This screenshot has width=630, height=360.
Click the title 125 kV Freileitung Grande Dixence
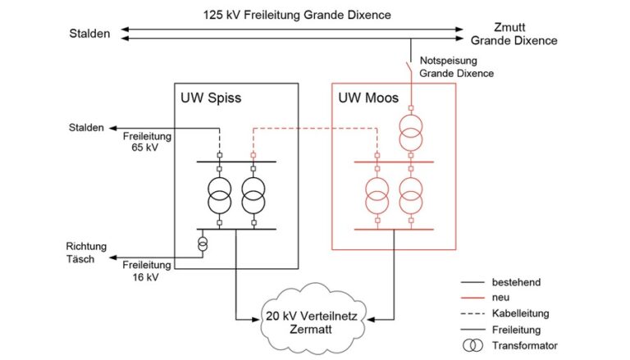298,14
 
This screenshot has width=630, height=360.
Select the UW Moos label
368,99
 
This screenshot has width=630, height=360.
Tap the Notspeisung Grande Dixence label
458,67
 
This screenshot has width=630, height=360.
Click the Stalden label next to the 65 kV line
86,128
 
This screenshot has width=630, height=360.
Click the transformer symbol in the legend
473,345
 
